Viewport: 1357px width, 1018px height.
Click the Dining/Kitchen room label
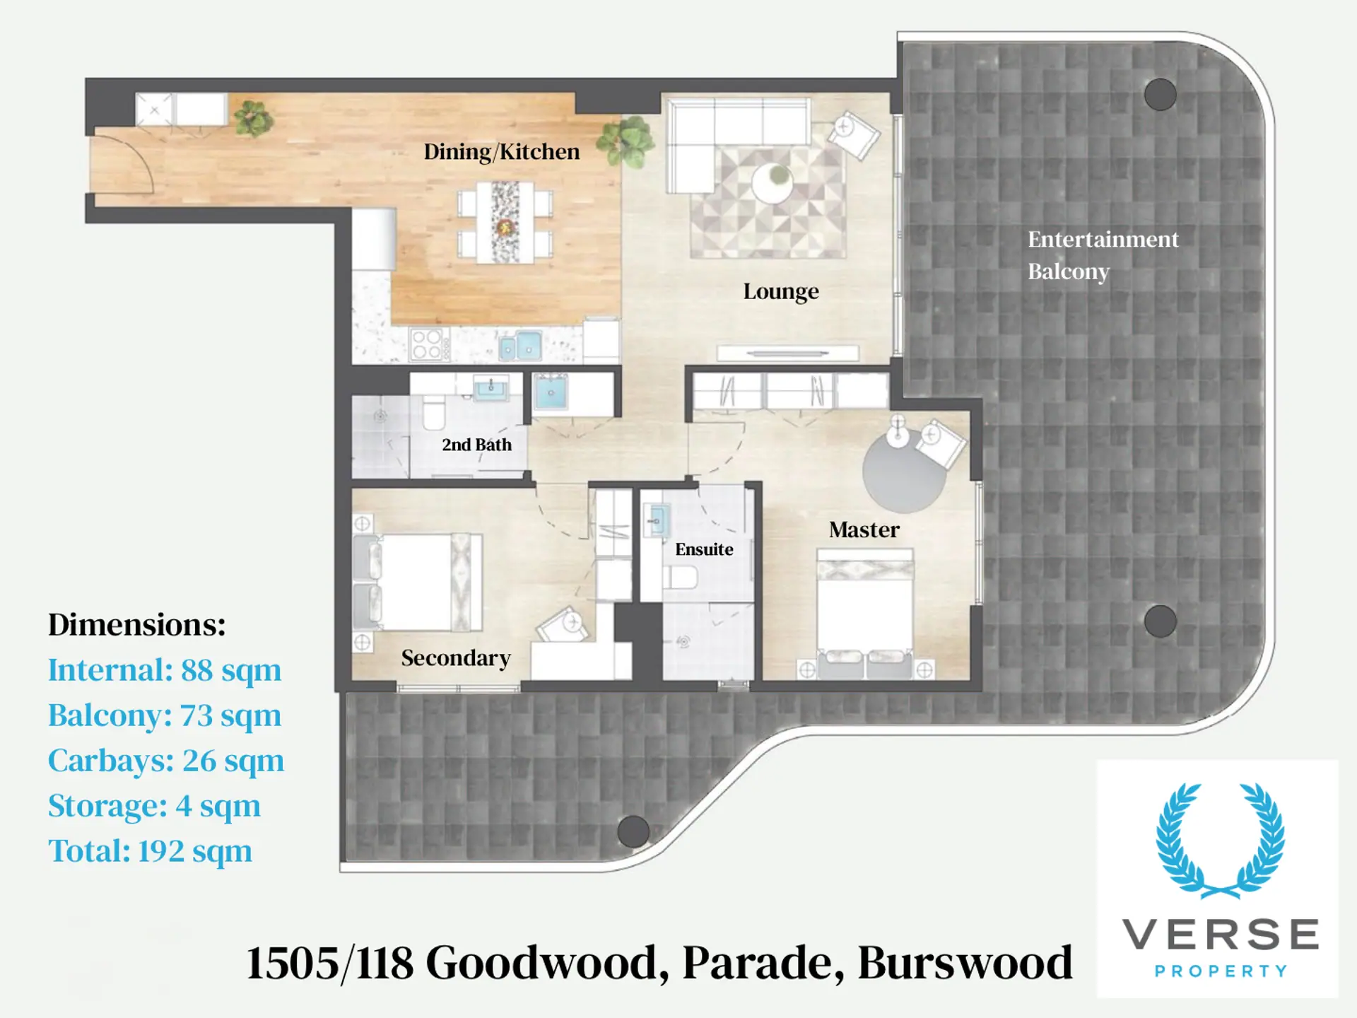click(x=502, y=152)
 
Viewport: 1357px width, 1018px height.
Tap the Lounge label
click(x=781, y=291)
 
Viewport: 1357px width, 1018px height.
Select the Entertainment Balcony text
click(x=1103, y=255)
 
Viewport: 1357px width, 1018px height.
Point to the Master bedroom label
click(x=864, y=530)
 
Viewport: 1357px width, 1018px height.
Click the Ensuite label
click(x=704, y=549)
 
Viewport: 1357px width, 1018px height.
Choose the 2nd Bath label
click(x=476, y=445)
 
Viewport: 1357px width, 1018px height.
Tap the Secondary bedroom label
click(x=456, y=658)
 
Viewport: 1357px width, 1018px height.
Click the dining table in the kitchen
click(x=505, y=222)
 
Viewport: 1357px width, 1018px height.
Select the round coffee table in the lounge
click(x=772, y=183)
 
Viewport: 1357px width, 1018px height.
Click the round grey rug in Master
click(x=904, y=471)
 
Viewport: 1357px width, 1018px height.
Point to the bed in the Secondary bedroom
click(x=418, y=582)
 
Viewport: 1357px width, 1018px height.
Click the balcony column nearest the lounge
click(x=1160, y=94)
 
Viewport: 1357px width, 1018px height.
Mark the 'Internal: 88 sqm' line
click(x=165, y=670)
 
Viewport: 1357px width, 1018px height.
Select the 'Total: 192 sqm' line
click(x=150, y=851)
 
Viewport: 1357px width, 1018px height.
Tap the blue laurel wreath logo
click(x=1220, y=841)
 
